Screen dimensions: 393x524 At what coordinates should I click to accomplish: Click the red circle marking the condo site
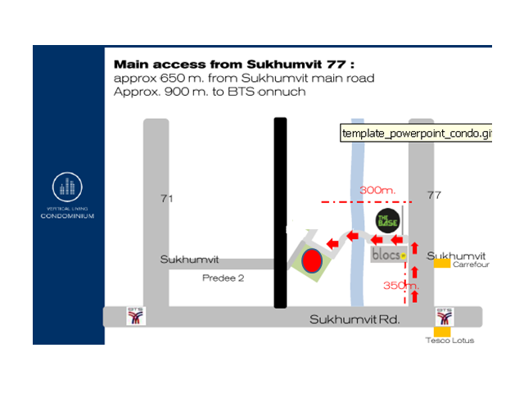point(311,261)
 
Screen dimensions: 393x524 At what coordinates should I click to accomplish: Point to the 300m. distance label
point(377,190)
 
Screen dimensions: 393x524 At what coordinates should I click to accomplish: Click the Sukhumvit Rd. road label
point(354,319)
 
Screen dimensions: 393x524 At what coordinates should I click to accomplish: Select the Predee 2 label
point(224,278)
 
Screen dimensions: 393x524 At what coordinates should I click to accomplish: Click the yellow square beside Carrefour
point(442,264)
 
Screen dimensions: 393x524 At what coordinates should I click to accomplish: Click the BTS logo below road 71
point(137,316)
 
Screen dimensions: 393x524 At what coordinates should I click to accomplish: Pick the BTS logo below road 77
point(445,316)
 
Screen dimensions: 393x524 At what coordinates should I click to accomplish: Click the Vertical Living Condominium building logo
point(67,187)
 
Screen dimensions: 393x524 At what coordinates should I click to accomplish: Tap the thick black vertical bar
point(280,213)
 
